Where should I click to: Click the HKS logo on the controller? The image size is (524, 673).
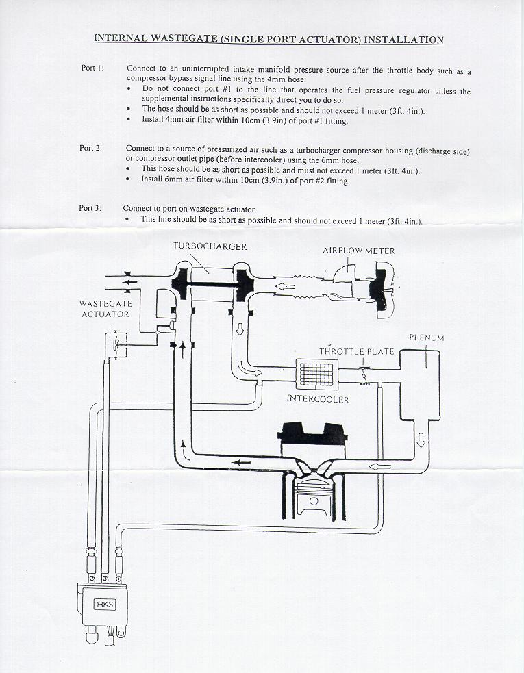tap(105, 604)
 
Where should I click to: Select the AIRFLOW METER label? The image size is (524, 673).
tap(359, 251)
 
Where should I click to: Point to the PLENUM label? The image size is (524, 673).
tap(426, 338)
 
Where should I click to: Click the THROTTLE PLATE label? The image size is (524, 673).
tap(356, 351)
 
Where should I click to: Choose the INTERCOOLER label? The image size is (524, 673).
tap(318, 398)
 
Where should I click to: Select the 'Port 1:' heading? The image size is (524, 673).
tap(92, 68)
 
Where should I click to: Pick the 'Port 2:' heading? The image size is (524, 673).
tap(91, 148)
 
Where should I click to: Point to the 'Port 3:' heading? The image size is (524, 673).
tap(90, 208)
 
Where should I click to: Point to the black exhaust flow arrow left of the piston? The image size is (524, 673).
tap(240, 463)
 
